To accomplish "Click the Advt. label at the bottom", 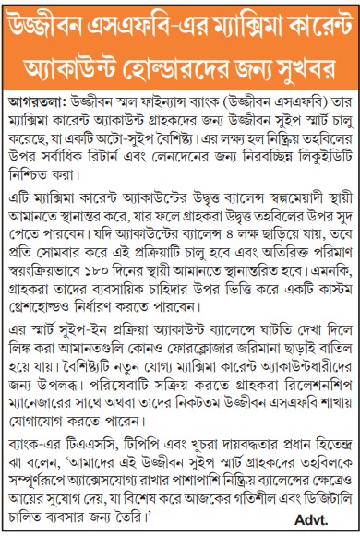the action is [x=325, y=522].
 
